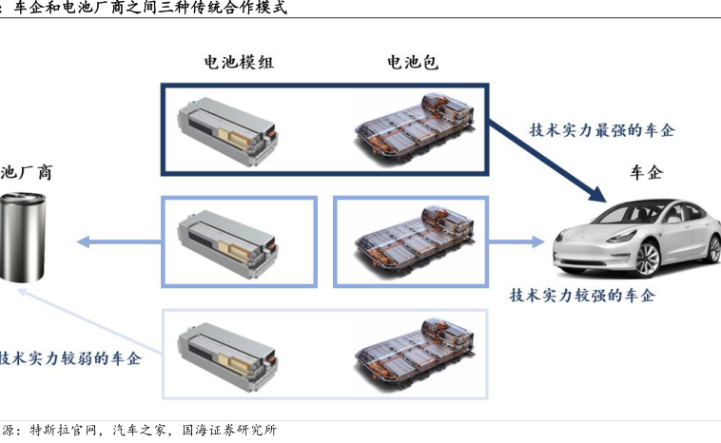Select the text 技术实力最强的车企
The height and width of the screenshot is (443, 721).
pos(601,130)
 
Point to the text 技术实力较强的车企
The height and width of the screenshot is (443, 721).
pos(582,296)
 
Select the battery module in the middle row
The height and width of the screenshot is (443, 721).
pos(228,241)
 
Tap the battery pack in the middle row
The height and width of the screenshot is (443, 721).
pos(412,241)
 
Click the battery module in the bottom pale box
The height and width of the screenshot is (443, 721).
pos(228,354)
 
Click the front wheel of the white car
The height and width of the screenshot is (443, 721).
pos(648,258)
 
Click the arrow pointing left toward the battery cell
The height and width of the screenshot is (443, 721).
pos(114,241)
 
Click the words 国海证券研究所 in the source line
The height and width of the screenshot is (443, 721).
pos(228,431)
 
